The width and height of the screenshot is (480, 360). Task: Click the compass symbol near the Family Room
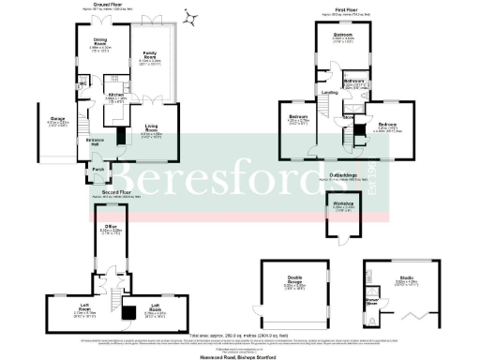pos(191,16)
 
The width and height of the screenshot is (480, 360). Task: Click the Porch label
pos(97,170)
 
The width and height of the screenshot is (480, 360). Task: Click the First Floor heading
pos(346,8)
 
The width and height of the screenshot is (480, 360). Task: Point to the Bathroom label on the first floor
pos(352,81)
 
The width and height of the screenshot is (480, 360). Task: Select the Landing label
pos(331,92)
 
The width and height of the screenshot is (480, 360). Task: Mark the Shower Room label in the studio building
pos(372,302)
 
